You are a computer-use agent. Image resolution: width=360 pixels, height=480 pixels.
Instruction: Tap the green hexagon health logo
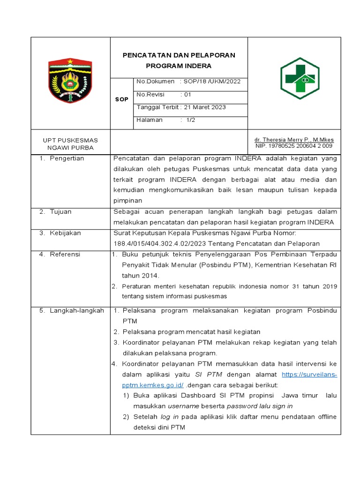pos(300,79)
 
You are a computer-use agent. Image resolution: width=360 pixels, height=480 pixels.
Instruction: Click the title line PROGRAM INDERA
pos(179,66)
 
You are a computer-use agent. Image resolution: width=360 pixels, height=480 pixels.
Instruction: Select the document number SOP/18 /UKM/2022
pos(212,82)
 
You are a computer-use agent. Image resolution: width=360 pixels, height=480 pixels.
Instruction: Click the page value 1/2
pos(190,120)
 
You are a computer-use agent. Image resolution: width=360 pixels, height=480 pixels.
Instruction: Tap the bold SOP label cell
pos(121,99)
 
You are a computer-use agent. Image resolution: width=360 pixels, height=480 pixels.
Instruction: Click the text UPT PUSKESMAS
pos(70,140)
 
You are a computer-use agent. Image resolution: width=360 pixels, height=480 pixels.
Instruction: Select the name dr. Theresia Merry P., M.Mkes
pos(294,140)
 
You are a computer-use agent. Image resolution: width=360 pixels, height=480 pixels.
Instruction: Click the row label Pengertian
pos(67,158)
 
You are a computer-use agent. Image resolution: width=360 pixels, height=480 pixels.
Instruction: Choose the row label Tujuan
pos(60,212)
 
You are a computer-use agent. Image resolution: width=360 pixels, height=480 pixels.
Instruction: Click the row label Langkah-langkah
pos(77,311)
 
